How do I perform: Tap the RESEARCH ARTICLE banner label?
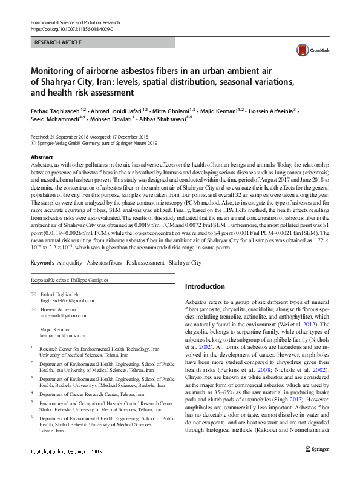[59, 44]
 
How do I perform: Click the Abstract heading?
[42, 157]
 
